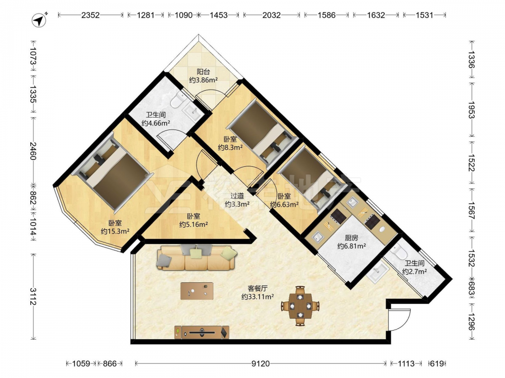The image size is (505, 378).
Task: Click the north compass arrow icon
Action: point(39,20)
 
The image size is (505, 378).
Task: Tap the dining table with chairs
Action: point(300,306)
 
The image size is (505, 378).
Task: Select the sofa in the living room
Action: point(196,258)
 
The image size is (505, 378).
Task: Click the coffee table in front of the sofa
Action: point(197,291)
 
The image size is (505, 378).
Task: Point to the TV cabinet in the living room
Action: point(202,332)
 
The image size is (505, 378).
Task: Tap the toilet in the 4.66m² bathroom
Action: point(177,100)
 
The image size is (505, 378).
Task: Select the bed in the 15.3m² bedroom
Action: point(110,171)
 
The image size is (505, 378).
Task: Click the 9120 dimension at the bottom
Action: point(261,363)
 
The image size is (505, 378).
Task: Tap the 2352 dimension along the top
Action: point(90,15)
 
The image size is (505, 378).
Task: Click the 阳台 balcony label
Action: point(203,72)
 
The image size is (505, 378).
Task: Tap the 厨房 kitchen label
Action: point(351,238)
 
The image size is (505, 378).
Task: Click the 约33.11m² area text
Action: point(258,297)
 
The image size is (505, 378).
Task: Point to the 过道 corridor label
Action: point(237,196)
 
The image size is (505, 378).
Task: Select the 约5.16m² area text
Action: point(193,224)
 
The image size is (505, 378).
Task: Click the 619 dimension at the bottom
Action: point(437,363)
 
